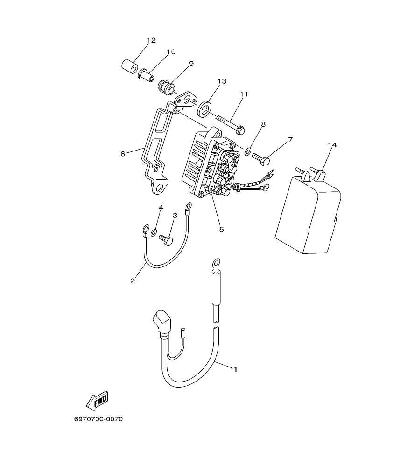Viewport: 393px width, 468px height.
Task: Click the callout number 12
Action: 151,41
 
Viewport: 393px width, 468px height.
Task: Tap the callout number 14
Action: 332,145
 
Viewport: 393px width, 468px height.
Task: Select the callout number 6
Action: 123,153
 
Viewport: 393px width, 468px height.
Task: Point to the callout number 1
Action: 236,369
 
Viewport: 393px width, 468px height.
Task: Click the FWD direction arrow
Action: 97,401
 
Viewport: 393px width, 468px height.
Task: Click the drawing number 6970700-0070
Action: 98,419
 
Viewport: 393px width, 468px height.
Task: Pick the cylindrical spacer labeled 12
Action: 129,66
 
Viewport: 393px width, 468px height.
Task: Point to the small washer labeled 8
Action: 248,151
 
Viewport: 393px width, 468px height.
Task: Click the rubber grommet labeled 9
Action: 167,87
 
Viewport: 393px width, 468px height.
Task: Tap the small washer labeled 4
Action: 154,231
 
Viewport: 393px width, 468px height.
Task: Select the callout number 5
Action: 221,230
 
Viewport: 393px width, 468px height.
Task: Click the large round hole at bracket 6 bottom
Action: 160,188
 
